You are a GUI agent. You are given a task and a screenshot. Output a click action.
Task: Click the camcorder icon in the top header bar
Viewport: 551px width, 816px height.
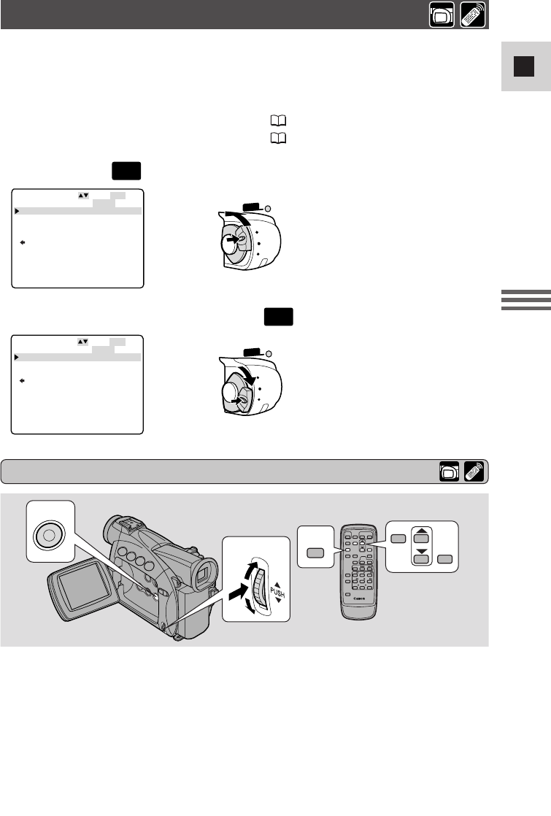[441, 15]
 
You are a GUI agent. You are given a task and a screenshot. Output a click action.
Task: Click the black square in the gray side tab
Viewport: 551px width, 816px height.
[520, 67]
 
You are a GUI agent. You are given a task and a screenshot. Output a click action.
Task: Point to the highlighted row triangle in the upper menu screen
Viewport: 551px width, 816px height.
[16, 210]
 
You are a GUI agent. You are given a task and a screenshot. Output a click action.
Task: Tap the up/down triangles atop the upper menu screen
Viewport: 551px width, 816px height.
[82, 196]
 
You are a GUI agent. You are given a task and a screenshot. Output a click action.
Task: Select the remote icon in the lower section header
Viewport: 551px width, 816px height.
[474, 471]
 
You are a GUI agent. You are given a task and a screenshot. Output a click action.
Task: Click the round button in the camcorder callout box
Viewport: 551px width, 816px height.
[48, 534]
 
